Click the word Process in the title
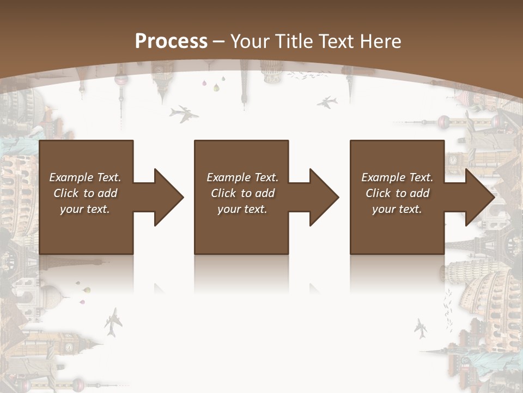click(171, 41)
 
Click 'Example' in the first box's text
click(71, 177)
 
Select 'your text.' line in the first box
click(85, 209)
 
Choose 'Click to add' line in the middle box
click(242, 193)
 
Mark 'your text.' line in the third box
click(397, 209)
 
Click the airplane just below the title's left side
click(184, 114)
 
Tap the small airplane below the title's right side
click(327, 102)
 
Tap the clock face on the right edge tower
click(453, 160)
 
